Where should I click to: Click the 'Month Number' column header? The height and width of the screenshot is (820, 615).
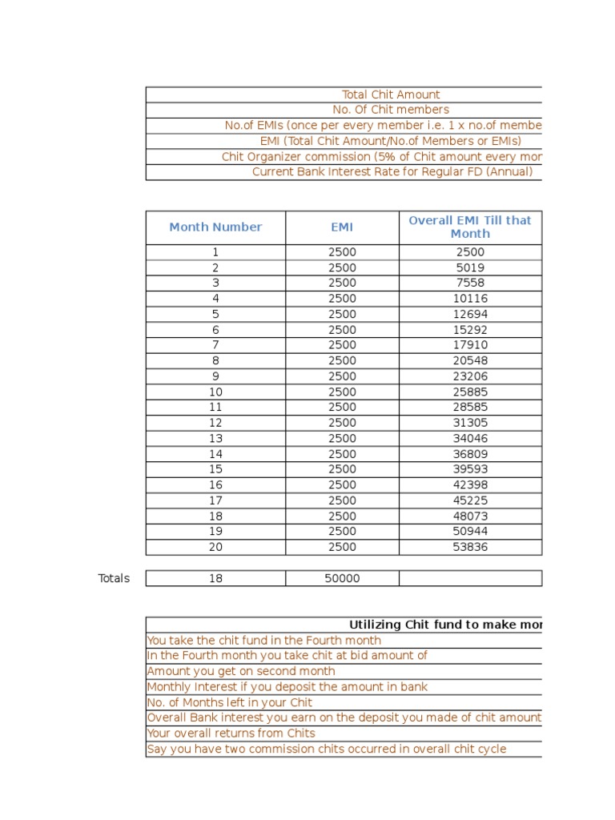pyautogui.click(x=215, y=227)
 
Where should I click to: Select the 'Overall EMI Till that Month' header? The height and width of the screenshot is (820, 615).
pyautogui.click(x=470, y=227)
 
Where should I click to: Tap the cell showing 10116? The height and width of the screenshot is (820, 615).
pyautogui.click(x=470, y=299)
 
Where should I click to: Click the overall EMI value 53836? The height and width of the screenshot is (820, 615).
pyautogui.click(x=470, y=547)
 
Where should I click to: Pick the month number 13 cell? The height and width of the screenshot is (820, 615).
pyautogui.click(x=215, y=438)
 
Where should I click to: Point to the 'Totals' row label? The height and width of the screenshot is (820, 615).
pyautogui.click(x=114, y=578)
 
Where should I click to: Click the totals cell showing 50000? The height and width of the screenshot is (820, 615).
pyautogui.click(x=342, y=578)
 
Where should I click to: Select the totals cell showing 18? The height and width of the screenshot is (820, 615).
pyautogui.click(x=215, y=578)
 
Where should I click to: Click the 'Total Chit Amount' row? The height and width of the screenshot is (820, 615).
pyautogui.click(x=391, y=94)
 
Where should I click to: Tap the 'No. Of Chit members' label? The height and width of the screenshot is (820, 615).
pyautogui.click(x=391, y=110)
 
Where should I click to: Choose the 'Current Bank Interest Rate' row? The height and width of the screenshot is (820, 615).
pyautogui.click(x=392, y=172)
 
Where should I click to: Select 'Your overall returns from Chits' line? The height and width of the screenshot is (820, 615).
pyautogui.click(x=231, y=734)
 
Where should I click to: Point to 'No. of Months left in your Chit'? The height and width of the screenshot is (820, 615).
pyautogui.click(x=230, y=702)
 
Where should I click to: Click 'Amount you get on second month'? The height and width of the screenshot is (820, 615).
pyautogui.click(x=241, y=671)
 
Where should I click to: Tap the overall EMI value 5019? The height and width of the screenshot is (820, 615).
pyautogui.click(x=470, y=267)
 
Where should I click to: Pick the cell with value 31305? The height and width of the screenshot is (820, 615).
pyautogui.click(x=470, y=423)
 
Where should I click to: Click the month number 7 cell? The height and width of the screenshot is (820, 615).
pyautogui.click(x=215, y=345)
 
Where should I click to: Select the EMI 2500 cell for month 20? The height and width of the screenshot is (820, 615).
pyautogui.click(x=342, y=547)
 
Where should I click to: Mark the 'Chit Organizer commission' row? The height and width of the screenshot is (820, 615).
pyautogui.click(x=381, y=157)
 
